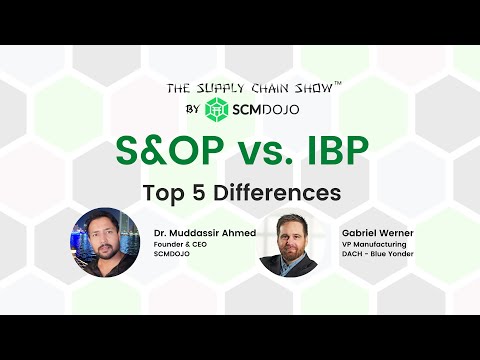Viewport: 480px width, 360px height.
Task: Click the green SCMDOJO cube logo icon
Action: (x=217, y=108)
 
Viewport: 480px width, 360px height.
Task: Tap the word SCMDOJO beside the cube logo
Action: (x=267, y=108)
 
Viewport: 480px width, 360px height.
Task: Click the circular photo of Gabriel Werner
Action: (x=288, y=243)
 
